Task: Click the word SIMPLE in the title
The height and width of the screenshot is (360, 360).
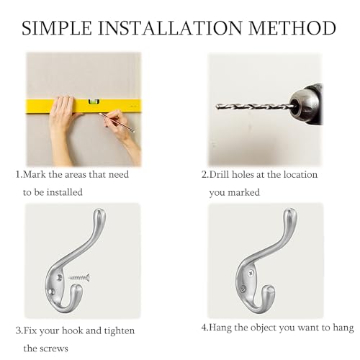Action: (x=57, y=28)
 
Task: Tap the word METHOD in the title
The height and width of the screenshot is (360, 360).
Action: (x=292, y=28)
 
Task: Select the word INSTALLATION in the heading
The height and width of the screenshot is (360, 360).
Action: (x=170, y=28)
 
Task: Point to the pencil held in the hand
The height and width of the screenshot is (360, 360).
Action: (x=117, y=122)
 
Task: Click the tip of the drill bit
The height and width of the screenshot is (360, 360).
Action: (x=217, y=106)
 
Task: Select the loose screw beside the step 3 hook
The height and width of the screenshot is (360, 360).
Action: (x=79, y=278)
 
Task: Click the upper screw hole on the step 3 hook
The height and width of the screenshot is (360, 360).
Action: (x=59, y=278)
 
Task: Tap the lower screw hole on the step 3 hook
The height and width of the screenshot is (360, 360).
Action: (x=50, y=292)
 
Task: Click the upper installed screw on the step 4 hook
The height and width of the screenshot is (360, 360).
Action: (x=251, y=273)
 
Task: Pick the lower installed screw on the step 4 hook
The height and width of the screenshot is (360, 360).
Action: (x=243, y=289)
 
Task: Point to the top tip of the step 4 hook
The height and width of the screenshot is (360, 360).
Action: (x=291, y=210)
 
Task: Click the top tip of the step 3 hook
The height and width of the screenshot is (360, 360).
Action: (x=99, y=210)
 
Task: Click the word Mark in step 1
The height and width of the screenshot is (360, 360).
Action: (x=35, y=174)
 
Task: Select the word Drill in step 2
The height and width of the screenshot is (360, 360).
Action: (x=220, y=174)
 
